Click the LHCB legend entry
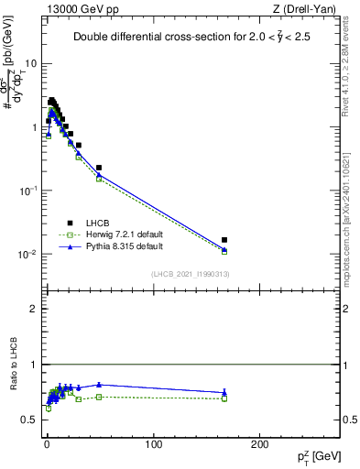[x=96, y=223]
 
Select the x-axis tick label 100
[x=153, y=444]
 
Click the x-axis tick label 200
[x=260, y=444]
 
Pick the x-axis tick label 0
[x=47, y=444]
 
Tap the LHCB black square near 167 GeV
[x=224, y=240]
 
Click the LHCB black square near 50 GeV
[x=99, y=168]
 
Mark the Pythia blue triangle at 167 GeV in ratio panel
[x=224, y=392]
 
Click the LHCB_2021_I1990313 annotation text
[x=190, y=274]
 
